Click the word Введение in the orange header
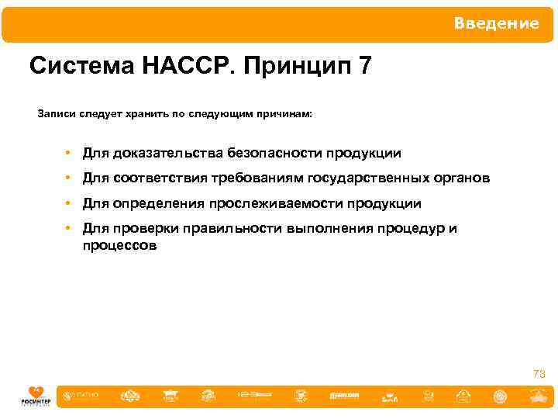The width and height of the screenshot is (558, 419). click(x=496, y=23)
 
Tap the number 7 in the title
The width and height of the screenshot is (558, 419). click(x=364, y=67)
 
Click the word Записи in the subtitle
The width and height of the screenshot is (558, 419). click(x=58, y=114)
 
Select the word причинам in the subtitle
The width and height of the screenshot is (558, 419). click(x=286, y=114)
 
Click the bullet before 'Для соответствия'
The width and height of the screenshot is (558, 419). click(x=69, y=178)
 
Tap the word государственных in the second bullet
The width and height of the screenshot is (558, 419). click(x=367, y=178)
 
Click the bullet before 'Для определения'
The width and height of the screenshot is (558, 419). click(x=69, y=204)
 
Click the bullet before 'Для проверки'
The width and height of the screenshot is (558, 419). click(x=69, y=229)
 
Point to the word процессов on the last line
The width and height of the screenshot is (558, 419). click(x=119, y=246)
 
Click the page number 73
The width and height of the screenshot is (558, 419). click(x=539, y=375)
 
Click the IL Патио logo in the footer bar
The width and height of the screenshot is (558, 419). click(x=83, y=396)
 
